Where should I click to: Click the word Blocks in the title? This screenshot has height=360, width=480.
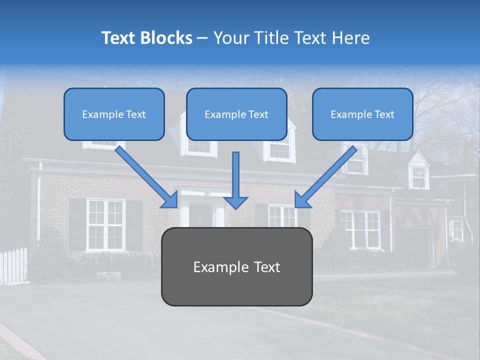pyautogui.click(x=165, y=38)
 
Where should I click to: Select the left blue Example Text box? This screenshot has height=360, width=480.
pyautogui.click(x=114, y=114)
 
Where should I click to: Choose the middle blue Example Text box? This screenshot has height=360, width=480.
pyautogui.click(x=236, y=114)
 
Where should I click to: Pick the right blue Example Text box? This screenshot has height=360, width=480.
pyautogui.click(x=362, y=114)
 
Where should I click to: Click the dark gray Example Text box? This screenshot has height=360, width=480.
pyautogui.click(x=236, y=266)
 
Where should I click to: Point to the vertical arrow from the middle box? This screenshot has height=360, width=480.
pyautogui.click(x=235, y=180)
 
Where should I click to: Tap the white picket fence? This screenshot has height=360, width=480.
pyautogui.click(x=13, y=265)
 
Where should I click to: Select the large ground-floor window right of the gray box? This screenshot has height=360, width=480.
pyautogui.click(x=359, y=229)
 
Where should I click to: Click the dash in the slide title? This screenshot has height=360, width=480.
pyautogui.click(x=202, y=38)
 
